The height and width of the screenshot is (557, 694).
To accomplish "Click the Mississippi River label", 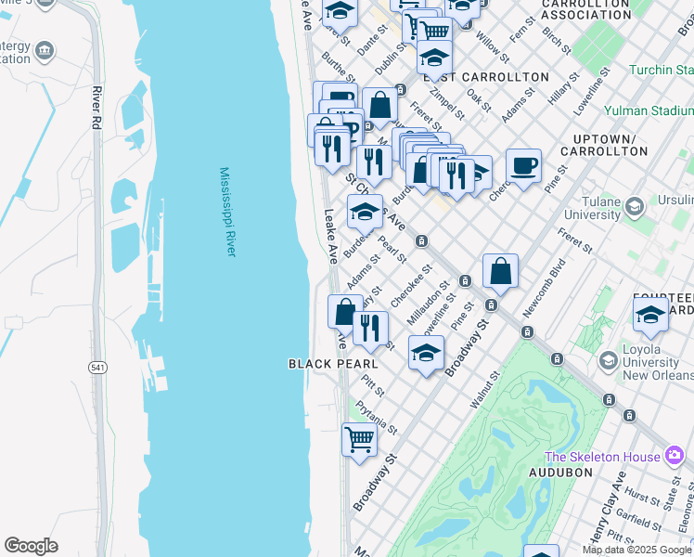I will click(227, 213).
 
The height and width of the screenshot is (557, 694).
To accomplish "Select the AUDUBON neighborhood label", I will click(560, 473).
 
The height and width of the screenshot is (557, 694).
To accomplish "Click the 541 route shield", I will click(97, 368).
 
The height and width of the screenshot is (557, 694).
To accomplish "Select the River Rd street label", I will click(96, 107).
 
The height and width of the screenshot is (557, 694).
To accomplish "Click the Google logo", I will click(31, 546).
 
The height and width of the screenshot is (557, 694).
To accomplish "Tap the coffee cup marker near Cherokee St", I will click(524, 165).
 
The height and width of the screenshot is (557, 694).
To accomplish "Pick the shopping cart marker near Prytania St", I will click(359, 438).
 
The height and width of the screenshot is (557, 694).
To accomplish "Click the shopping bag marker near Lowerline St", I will click(500, 271).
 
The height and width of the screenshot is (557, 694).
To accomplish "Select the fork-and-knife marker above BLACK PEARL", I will click(370, 328).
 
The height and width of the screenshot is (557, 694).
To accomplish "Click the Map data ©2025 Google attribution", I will click(636, 550).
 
